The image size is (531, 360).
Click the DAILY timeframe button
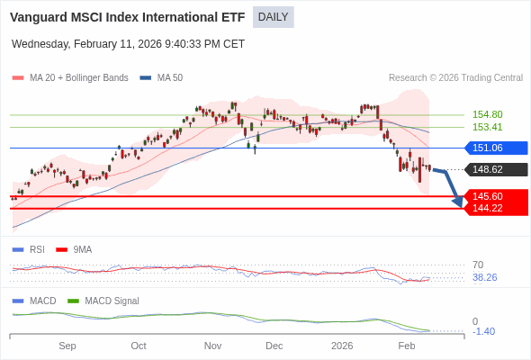[273, 17]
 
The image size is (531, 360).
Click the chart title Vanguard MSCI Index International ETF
[127, 17]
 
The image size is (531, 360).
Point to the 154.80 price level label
[487, 114]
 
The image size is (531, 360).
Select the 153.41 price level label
[487, 127]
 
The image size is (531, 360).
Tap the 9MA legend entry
[82, 249]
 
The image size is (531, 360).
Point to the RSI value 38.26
[484, 277]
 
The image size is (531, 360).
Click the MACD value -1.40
[483, 331]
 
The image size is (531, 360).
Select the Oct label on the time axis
[139, 346]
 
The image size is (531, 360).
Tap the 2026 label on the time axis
[342, 346]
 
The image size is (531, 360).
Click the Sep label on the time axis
[67, 346]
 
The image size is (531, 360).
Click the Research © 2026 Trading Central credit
[455, 78]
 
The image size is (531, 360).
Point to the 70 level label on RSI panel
[478, 265]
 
